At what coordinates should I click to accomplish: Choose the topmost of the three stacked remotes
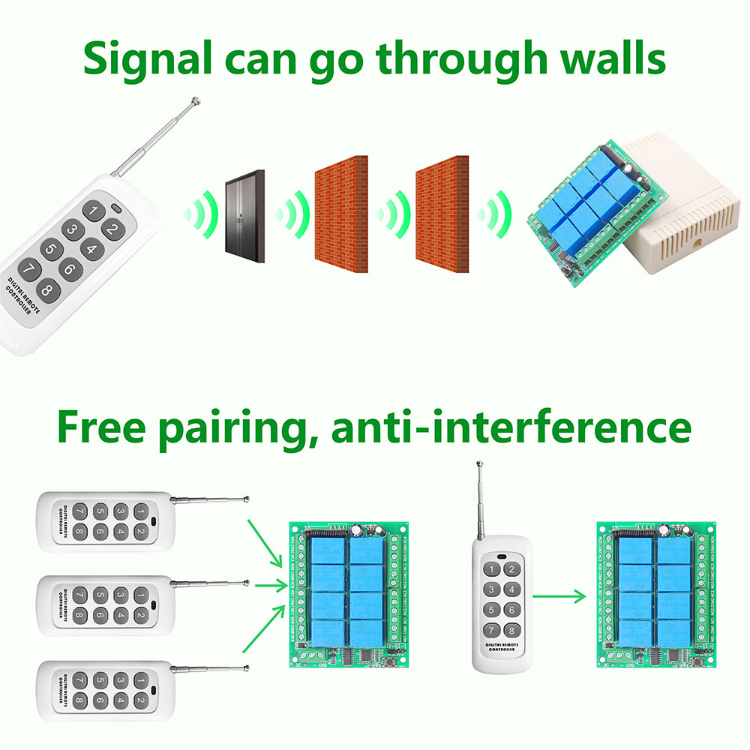coord(105,522)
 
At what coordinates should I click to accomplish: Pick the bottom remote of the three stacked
coord(105,690)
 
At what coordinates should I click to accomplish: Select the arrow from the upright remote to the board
coord(558,597)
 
